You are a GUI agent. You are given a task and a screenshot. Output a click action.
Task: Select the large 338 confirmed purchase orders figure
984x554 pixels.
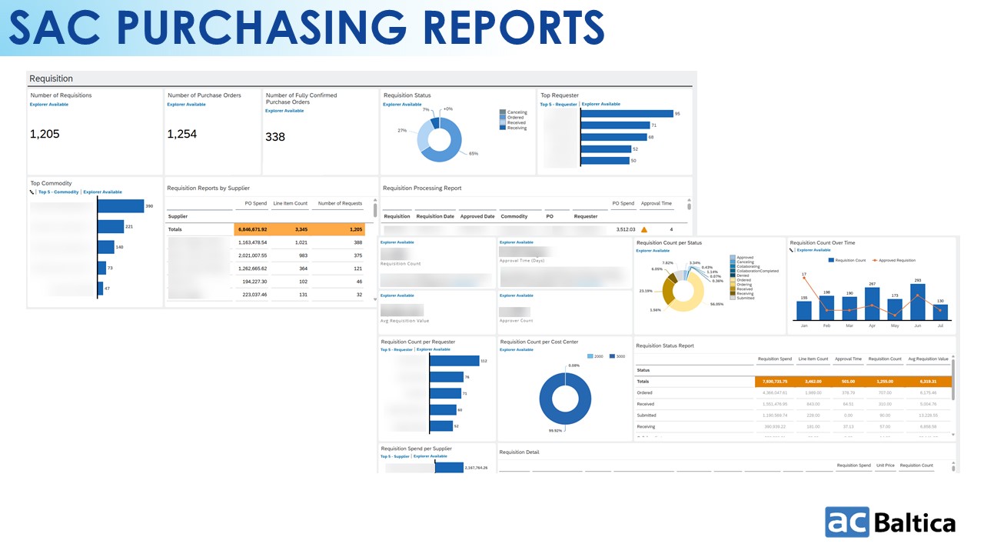coord(275,137)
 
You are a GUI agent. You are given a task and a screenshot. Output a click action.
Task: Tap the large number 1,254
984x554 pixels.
coord(182,134)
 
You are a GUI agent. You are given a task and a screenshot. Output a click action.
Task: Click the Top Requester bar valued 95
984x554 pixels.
coord(626,114)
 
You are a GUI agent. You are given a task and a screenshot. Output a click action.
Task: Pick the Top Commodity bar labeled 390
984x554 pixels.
coord(121,206)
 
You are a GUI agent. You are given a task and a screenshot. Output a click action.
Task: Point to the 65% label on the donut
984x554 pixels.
coord(474,154)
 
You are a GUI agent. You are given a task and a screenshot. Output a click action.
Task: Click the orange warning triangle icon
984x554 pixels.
coord(644,229)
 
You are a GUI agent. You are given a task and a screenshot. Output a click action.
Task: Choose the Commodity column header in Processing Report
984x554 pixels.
coord(514,216)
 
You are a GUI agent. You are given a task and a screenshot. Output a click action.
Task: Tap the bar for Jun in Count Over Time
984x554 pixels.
coord(917,302)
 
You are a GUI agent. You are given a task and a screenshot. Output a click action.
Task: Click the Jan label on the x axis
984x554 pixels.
coord(804,325)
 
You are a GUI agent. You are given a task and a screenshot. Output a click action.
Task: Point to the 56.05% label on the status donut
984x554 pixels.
coord(716,304)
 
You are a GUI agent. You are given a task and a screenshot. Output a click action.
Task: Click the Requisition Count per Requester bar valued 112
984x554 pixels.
coord(454,361)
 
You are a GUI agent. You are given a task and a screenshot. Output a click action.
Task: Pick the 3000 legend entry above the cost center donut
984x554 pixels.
coord(616,356)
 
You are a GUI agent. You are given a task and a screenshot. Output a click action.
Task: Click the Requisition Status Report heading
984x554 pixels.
coord(665,346)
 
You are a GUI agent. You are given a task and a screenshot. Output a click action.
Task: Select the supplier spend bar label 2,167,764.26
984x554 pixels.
coord(476,467)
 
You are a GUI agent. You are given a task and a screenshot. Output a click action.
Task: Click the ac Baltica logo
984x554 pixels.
coord(890,522)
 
